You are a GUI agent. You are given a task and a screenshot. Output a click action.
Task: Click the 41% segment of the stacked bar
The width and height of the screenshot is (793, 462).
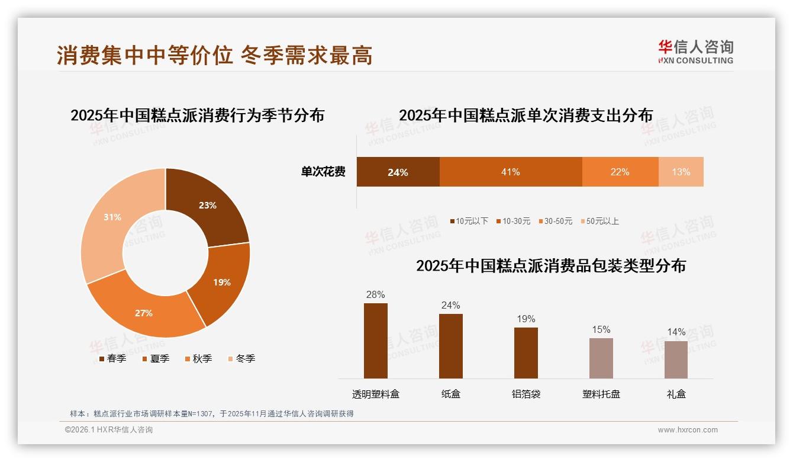[x=510, y=172]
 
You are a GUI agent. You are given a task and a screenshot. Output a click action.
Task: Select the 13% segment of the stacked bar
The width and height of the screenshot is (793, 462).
[x=681, y=172]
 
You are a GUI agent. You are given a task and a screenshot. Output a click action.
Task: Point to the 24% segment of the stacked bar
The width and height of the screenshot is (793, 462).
[x=398, y=172]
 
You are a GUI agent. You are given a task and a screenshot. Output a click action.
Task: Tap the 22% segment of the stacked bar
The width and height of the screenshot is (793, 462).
[x=620, y=172]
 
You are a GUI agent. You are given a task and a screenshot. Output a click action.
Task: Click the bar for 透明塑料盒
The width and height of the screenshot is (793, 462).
[x=375, y=341]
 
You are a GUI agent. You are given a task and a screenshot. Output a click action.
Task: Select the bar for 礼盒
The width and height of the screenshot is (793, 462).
[x=676, y=360]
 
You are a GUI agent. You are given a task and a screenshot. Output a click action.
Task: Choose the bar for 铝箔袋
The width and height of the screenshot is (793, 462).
[x=526, y=352]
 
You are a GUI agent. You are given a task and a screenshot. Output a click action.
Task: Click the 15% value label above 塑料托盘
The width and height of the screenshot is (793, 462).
[x=601, y=330]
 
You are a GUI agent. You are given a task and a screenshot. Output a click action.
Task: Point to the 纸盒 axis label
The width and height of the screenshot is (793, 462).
[x=450, y=394]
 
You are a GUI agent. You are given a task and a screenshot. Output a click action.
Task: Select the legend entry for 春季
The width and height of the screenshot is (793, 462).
[x=112, y=358]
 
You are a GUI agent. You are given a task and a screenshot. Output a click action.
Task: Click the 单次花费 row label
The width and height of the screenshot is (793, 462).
[x=323, y=172]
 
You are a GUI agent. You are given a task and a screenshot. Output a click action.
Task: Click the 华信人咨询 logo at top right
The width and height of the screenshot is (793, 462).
[x=695, y=52]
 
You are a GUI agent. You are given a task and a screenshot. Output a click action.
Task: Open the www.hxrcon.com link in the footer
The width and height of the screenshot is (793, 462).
[x=687, y=430]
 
